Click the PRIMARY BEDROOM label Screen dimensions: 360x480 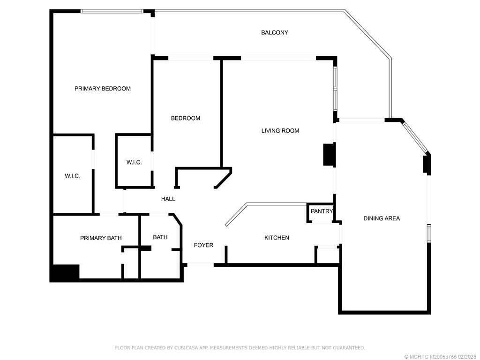coord(102,89)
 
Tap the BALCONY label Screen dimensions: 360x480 coord(274,32)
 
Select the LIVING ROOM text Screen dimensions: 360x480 coord(280,131)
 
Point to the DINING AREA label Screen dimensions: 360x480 coord(382,218)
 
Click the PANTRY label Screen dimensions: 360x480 coord(321,211)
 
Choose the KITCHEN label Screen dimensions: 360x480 coord(277,238)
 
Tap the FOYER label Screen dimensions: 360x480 coord(203,245)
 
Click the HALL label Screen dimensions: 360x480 coord(168,199)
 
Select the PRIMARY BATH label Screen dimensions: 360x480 coord(101,238)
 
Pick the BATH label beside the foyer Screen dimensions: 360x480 coord(160,237)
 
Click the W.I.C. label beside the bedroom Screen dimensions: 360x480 coord(134,162)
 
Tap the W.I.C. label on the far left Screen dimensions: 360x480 coord(72,176)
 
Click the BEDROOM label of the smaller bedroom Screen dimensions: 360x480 coord(185,118)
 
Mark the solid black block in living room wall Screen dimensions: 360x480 coord(329,155)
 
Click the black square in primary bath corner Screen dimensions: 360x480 coord(65,273)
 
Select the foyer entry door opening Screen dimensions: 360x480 coord(200,265)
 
